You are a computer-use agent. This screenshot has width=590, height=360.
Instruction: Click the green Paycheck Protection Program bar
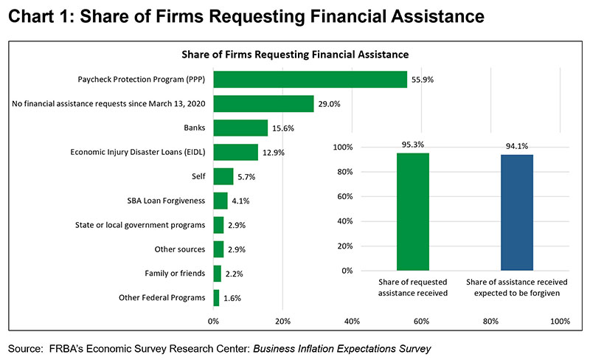pyautogui.click(x=310, y=80)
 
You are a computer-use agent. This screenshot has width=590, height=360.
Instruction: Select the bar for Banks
pyautogui.click(x=240, y=128)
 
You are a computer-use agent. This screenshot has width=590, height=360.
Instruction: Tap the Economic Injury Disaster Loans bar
pyautogui.click(x=235, y=153)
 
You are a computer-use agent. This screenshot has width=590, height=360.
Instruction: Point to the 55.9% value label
pyautogui.click(x=423, y=80)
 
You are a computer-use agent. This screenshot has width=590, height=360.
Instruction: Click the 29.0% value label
pyautogui.click(x=329, y=104)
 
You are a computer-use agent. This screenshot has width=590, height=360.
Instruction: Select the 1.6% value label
pyautogui.click(x=232, y=298)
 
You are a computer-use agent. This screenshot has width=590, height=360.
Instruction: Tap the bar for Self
pyautogui.click(x=223, y=177)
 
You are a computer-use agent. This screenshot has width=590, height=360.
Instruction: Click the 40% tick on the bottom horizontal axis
pyautogui.click(x=352, y=322)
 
